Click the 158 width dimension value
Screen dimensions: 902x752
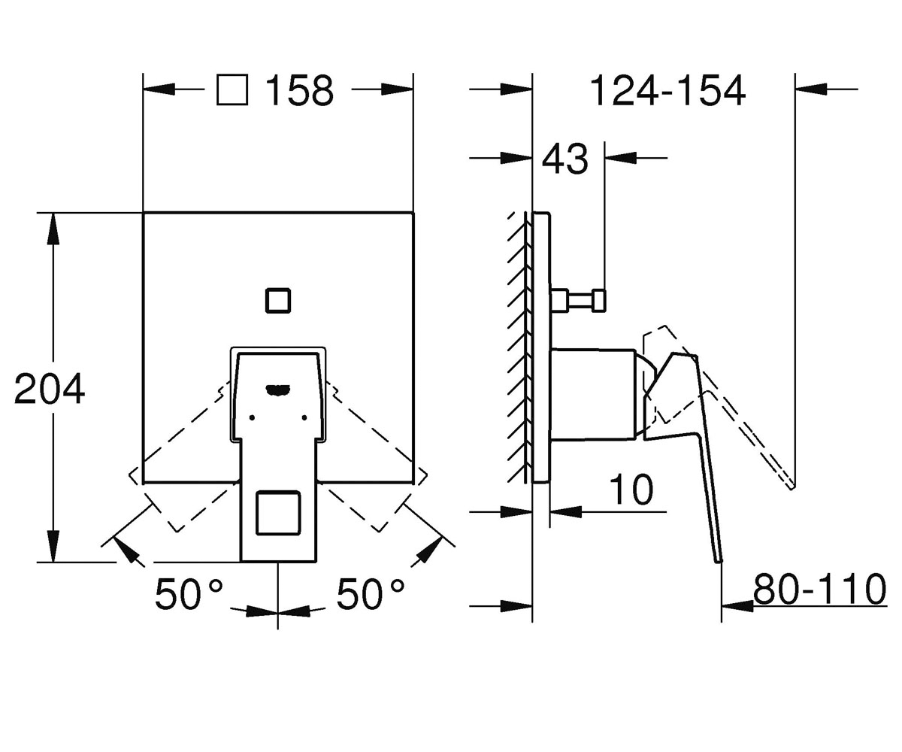pos(299,90)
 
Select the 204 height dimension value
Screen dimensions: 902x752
pos(50,389)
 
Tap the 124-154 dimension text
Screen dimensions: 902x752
pos(667,90)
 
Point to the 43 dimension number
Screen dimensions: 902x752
pos(565,159)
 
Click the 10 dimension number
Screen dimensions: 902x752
pos(631,489)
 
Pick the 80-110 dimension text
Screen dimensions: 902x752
pos(819,589)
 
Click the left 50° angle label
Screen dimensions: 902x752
pos(189,594)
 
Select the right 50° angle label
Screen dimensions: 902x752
pos(371,594)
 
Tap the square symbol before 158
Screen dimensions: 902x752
pos(232,90)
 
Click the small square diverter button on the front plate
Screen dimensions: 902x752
pos(278,300)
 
